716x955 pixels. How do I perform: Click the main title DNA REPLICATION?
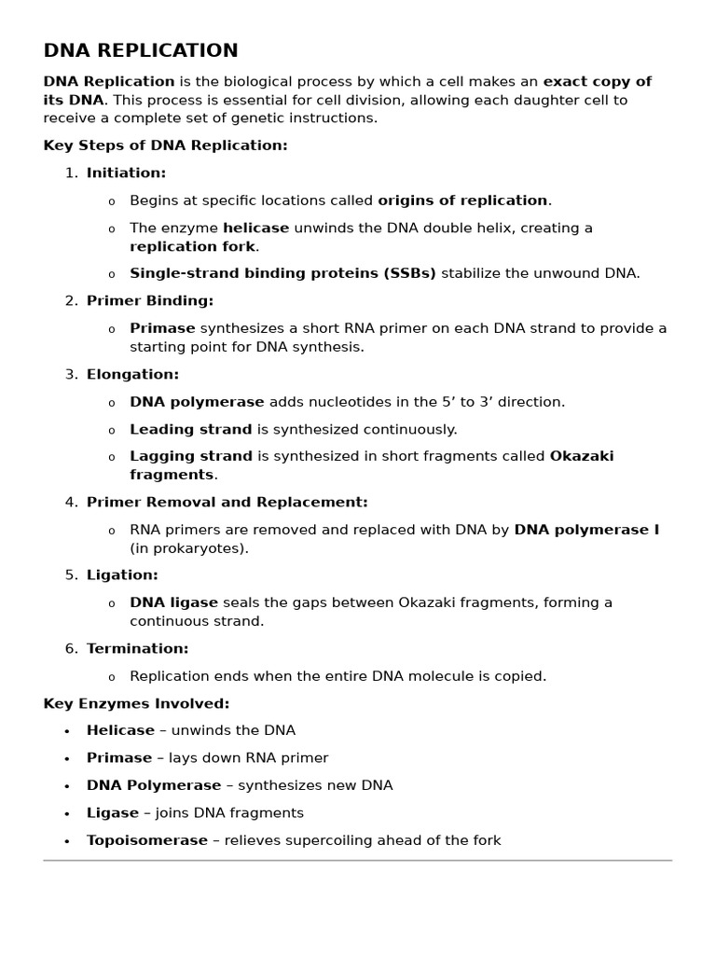point(141,51)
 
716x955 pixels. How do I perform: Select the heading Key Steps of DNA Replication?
point(165,145)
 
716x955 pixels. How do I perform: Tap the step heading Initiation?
point(126,173)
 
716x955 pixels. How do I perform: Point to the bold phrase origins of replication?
point(462,201)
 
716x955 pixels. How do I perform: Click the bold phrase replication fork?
point(192,246)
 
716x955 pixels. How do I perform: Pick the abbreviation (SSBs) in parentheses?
point(409,273)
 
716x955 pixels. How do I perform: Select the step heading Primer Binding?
point(150,300)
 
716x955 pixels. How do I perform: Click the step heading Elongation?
point(132,374)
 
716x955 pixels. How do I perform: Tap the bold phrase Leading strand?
point(190,429)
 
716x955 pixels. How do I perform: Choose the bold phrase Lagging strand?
point(190,456)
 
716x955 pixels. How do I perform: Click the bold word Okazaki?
point(582,456)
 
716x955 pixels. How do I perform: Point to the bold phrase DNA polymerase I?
point(586,530)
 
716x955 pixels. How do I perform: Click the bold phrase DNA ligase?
point(173,602)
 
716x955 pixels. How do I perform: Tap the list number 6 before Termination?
point(70,648)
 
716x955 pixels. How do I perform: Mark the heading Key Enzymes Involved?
point(136,703)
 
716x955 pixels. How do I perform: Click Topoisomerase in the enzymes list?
point(146,840)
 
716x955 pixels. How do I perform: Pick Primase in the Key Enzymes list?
point(118,758)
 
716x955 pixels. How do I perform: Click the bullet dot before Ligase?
point(67,814)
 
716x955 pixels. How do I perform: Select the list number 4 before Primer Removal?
point(70,502)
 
